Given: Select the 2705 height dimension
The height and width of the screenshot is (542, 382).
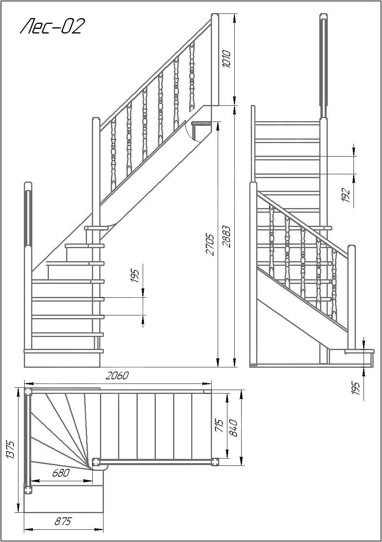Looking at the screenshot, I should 210,244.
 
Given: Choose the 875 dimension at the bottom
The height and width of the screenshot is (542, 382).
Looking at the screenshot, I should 63,522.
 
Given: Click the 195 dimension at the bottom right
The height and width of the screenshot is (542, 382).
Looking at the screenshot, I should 356,389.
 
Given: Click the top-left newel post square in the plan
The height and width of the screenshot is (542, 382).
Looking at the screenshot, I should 28,392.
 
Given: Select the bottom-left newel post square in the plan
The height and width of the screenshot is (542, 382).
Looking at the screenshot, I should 28,490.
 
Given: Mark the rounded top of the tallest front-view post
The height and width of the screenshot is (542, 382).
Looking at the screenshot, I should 324,17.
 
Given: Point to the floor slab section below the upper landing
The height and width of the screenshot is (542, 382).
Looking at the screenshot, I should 201,130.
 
